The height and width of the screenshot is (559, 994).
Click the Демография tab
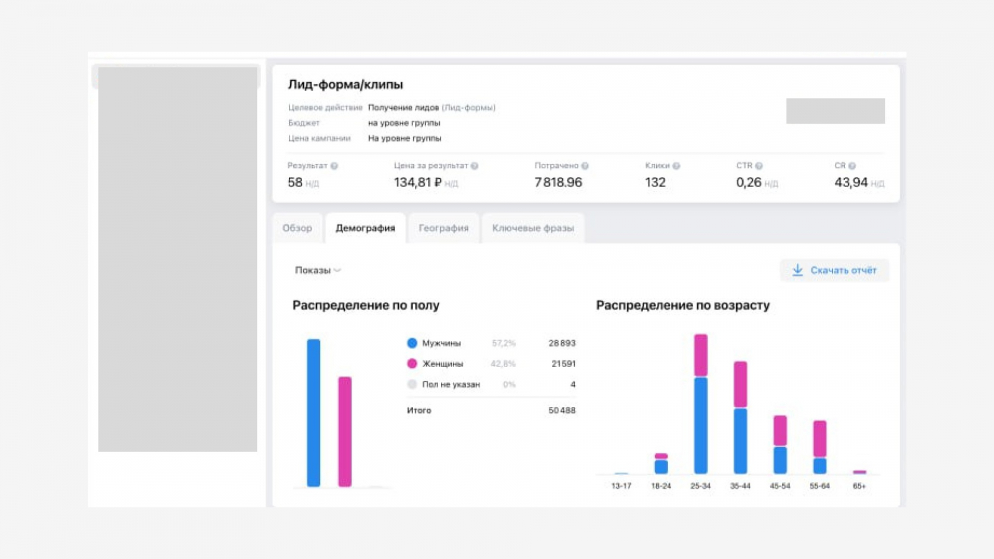(x=365, y=228)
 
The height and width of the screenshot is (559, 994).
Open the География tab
(x=443, y=228)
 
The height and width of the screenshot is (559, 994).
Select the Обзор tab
(x=297, y=228)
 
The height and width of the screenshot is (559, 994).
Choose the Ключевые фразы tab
(x=533, y=228)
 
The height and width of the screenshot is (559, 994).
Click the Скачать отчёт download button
(x=834, y=270)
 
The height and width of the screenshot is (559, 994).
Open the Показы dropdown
(x=317, y=270)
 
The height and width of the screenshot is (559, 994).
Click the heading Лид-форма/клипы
(x=345, y=84)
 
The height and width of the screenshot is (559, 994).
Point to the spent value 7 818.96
(x=558, y=182)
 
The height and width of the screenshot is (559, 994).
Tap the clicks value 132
(x=655, y=182)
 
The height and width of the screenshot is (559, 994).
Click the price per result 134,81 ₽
(x=417, y=182)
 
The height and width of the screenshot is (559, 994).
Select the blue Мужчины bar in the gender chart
(x=314, y=412)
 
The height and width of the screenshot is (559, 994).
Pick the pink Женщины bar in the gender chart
(x=345, y=431)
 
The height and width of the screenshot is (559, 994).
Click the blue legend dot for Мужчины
(x=412, y=343)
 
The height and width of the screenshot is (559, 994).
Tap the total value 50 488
(x=562, y=410)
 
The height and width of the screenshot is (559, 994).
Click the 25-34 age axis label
(x=700, y=486)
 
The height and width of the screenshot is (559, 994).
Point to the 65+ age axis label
(x=859, y=486)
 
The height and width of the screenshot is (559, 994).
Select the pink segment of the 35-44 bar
(x=740, y=384)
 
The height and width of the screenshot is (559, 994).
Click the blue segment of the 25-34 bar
(x=701, y=425)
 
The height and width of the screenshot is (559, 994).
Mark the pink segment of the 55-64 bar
(x=820, y=439)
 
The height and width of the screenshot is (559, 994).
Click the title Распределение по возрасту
(x=683, y=305)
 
